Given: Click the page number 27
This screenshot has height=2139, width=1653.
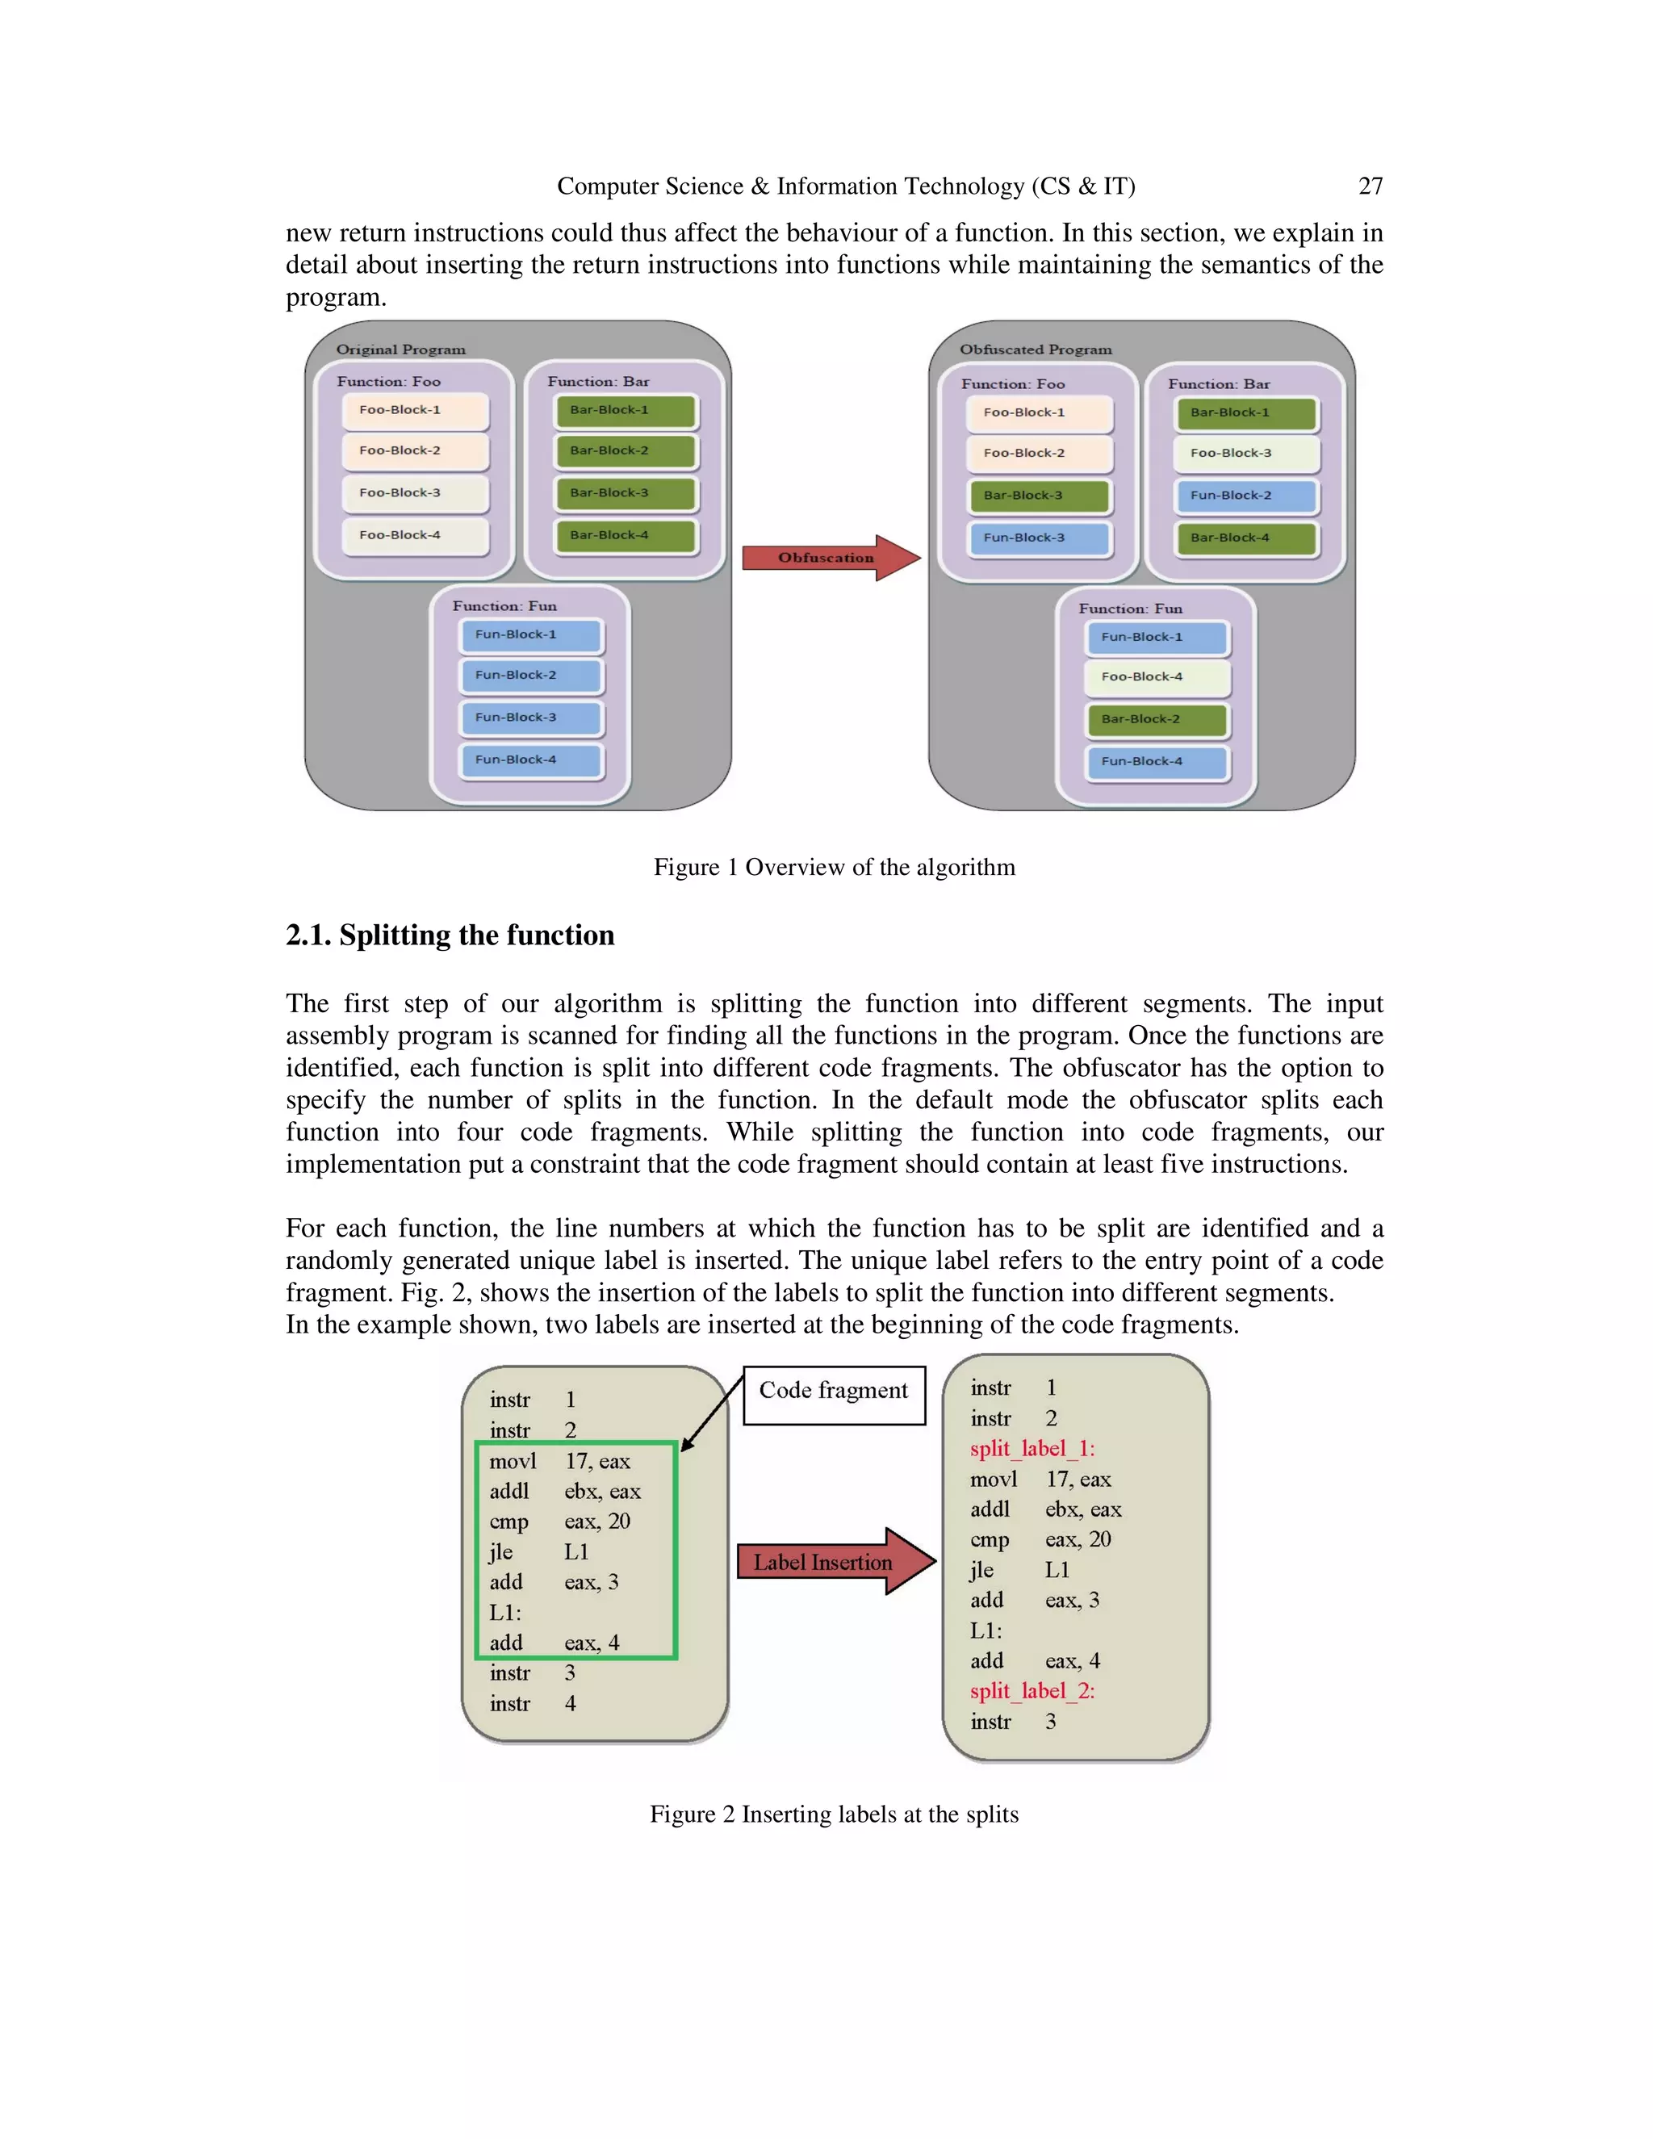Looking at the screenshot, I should point(1370,186).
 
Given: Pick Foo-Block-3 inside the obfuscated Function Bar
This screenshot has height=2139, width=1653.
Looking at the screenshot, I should point(1245,454).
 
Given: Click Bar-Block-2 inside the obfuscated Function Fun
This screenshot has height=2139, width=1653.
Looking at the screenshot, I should point(1156,720).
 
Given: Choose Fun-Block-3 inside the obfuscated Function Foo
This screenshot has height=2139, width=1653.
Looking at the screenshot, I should point(1038,538).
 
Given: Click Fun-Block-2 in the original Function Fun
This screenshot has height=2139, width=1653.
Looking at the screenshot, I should point(531,676).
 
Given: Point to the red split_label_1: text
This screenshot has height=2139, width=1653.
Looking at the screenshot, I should point(1032,1449).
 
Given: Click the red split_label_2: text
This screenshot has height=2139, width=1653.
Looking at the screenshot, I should point(1032,1691).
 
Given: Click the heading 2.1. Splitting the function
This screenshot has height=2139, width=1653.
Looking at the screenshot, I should point(450,936).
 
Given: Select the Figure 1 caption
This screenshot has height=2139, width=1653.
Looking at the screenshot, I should point(835,867).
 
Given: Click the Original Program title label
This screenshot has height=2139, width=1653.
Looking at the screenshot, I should point(400,350).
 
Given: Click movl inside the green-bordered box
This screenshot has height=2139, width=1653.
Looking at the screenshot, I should point(513,1461).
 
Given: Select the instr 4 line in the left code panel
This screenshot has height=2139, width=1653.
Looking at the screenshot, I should point(533,1703).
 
